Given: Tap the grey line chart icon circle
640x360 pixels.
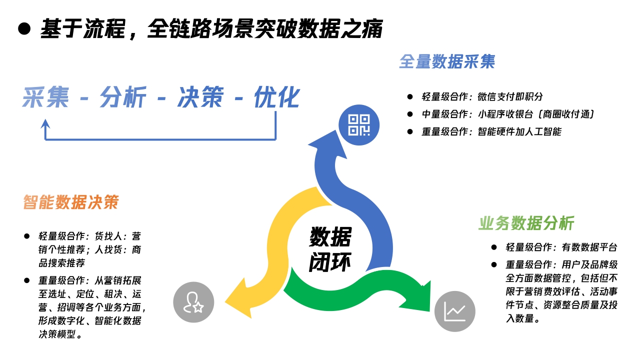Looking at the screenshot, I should (x=454, y=311).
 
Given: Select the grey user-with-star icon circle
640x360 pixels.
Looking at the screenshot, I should (x=193, y=302).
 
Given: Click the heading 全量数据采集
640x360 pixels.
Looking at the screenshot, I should (x=446, y=61).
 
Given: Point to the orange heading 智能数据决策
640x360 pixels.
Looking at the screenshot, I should (x=71, y=202).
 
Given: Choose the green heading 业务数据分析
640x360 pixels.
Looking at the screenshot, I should (x=526, y=223).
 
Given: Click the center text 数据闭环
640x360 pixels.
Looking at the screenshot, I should (x=330, y=249).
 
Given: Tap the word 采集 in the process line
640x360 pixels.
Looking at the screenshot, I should (x=45, y=97).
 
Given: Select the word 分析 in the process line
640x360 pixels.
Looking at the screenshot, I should (x=123, y=97).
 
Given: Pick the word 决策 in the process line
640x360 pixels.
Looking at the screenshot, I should (x=200, y=97).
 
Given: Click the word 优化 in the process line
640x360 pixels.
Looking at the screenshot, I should (x=276, y=97).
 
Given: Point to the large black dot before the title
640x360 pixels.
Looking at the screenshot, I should (x=24, y=28).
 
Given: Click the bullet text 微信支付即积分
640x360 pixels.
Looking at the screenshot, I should (x=510, y=97).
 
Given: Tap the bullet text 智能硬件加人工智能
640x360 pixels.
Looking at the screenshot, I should (x=519, y=132).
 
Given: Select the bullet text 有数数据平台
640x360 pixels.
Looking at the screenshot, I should (x=589, y=247).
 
